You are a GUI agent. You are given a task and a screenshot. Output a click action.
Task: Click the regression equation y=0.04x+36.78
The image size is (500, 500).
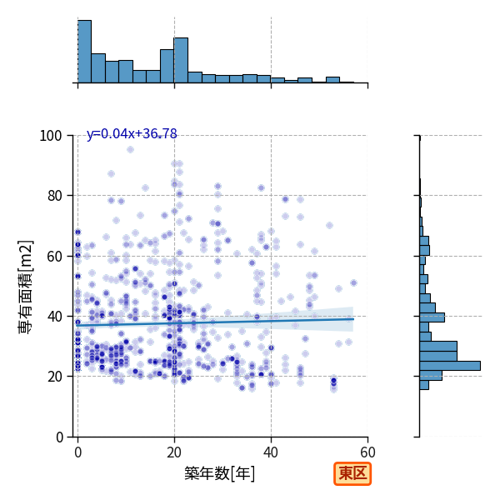[132, 133]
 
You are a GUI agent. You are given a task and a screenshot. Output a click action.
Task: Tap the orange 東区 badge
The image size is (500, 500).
[352, 473]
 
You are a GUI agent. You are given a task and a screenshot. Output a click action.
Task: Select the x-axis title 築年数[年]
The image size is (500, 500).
[220, 473]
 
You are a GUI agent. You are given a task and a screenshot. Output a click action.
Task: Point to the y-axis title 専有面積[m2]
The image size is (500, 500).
[25, 287]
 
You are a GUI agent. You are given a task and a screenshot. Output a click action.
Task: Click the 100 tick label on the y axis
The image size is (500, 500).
[50, 136]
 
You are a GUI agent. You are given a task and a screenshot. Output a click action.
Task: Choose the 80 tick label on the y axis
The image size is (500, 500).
[54, 196]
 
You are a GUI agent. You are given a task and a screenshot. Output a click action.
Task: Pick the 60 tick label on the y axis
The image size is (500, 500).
[54, 256]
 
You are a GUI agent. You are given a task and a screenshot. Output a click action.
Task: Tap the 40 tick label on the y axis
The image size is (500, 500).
[54, 317]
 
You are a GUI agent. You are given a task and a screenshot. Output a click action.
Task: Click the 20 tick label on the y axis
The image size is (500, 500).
[54, 377]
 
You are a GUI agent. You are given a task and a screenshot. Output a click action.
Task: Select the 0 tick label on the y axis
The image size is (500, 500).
[59, 437]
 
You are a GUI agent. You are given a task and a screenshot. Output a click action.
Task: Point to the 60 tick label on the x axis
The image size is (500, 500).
[367, 452]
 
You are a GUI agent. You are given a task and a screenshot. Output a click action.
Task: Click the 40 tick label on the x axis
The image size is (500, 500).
[271, 452]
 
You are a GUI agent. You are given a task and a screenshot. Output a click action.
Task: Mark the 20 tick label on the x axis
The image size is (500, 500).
[174, 452]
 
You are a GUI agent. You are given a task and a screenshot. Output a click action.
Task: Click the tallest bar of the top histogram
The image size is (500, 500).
[84, 52]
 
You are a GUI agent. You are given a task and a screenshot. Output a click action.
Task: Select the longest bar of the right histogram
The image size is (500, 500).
[450, 366]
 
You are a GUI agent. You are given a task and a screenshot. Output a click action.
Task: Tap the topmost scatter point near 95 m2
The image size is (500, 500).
[130, 149]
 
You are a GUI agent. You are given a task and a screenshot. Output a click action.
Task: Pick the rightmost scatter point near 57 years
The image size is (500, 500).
[353, 282]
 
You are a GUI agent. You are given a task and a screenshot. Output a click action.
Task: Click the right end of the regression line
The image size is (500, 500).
[353, 319]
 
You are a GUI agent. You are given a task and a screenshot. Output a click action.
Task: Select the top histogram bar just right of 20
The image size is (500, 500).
[181, 60]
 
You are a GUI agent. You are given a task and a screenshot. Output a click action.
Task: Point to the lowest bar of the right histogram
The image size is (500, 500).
[424, 385]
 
